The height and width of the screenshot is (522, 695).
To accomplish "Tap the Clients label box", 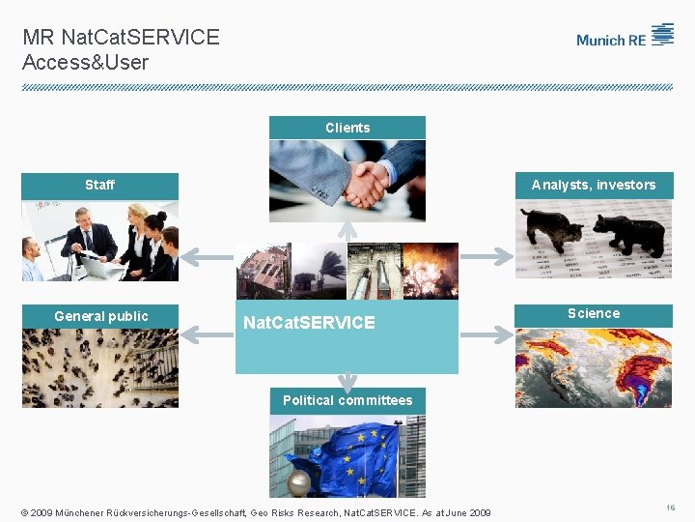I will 347,128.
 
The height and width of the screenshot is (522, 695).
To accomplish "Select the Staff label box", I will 99,185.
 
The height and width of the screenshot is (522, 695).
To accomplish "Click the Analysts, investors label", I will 593,185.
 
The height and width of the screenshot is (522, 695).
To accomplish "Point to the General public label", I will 100,316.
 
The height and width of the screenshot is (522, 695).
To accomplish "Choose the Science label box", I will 593,313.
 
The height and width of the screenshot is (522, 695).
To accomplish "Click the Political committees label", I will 347,400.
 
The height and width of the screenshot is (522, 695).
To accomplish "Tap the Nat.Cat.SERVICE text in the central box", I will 309,323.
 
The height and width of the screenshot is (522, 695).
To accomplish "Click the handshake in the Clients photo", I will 364,183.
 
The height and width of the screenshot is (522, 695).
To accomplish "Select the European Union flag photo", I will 347,456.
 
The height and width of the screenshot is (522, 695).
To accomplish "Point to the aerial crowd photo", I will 100,368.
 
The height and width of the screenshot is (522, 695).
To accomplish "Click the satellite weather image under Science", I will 593,367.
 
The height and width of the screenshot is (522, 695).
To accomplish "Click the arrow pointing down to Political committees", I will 347,383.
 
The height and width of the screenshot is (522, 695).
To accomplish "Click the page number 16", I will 670,507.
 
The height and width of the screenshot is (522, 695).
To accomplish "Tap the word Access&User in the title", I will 86,62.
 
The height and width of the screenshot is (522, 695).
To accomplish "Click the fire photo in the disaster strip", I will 431,271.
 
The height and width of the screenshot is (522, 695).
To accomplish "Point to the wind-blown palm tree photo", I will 319,271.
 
